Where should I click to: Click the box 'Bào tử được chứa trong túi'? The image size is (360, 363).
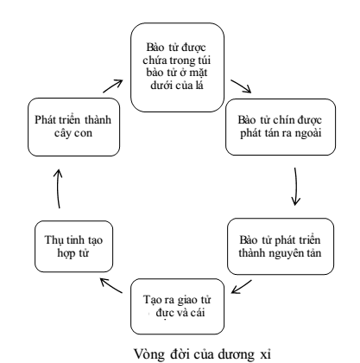coord(177,67)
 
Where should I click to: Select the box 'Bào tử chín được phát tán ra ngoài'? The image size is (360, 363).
coord(281,127)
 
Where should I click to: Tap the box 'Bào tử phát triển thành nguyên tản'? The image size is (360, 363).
coord(281,246)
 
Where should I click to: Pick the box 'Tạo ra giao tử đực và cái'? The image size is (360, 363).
coord(177,307)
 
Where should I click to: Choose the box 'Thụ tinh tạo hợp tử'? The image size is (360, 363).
coord(73,246)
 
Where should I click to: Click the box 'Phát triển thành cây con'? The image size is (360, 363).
coord(73,127)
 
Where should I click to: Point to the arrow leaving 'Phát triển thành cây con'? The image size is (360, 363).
coord(113,86)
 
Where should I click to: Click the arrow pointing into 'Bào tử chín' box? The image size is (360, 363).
coord(242,86)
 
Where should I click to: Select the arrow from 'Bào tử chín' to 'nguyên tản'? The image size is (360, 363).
coord(295,187)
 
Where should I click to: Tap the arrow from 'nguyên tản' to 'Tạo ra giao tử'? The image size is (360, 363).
coord(241,287)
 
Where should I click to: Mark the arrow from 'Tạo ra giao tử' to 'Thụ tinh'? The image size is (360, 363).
coord(111,286)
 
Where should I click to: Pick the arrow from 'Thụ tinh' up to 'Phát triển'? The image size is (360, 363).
coord(58,188)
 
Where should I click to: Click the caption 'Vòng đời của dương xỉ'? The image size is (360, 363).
coord(203,353)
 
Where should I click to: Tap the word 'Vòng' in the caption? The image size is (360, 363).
coord(149,354)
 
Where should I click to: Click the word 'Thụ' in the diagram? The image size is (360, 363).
coord(53,240)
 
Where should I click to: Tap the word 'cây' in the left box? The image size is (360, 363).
coord(63,134)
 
